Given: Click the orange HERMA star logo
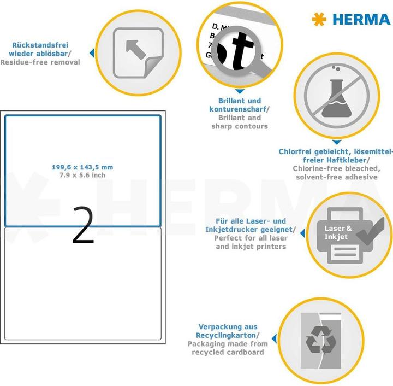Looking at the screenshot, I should (319, 19).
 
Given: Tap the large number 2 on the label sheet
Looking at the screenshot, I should (82, 225).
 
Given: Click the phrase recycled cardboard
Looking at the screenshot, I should (228, 352).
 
